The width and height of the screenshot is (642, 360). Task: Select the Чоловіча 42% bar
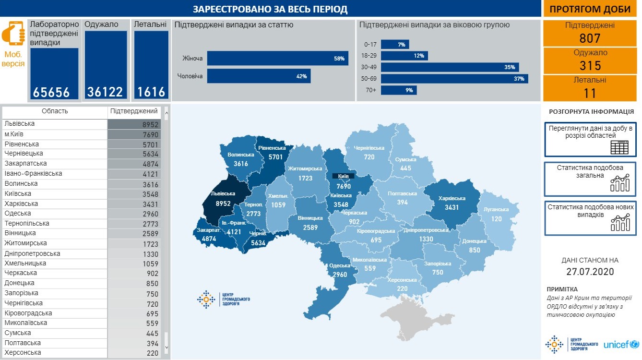tap(258, 76)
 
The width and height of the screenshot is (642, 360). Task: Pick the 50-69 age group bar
tap(454, 79)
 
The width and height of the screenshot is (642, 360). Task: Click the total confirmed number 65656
tap(51, 92)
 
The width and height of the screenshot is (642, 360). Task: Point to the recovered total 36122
tap(105, 92)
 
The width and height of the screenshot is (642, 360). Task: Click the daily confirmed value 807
tap(590, 38)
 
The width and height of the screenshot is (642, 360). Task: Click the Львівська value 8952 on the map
tap(224, 204)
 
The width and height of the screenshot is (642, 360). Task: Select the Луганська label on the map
tap(496, 210)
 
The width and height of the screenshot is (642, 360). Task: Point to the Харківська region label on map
tap(452, 198)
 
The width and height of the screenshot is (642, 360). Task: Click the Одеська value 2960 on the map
tap(339, 275)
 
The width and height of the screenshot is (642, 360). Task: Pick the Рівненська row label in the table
tap(22, 144)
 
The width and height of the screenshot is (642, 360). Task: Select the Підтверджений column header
tap(134, 111)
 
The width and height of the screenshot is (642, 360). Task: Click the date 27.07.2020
tap(590, 272)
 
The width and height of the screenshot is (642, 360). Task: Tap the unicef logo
tap(621, 345)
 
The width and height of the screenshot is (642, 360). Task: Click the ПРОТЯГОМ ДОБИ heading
tap(590, 9)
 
